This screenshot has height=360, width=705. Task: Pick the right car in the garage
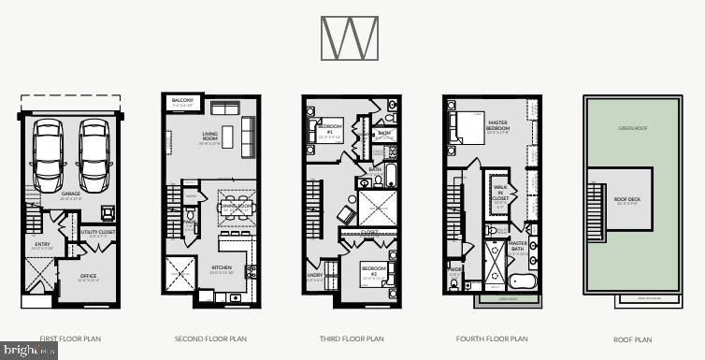click(x=94, y=155)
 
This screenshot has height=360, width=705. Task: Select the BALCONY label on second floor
click(x=182, y=100)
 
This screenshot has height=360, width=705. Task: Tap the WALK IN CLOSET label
click(x=499, y=194)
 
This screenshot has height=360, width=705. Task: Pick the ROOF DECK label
click(x=626, y=199)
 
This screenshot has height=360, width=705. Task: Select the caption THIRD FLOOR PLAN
click(x=351, y=339)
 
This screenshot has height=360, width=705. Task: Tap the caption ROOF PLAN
click(x=632, y=339)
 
